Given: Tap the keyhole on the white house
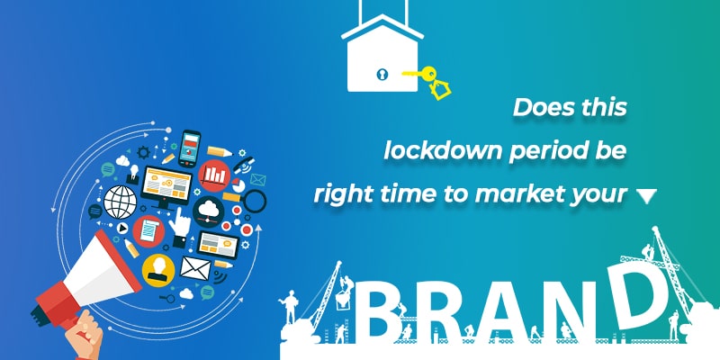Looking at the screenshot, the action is (382, 74).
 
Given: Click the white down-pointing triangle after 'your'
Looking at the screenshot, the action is (646, 196).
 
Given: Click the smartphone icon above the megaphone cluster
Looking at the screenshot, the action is (189, 148).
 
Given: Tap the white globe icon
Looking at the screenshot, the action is (120, 202).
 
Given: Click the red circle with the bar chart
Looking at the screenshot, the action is (214, 175).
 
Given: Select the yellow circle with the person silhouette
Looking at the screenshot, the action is (158, 271).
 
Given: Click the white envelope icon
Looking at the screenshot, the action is (195, 267).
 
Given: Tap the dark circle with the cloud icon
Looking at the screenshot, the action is (209, 211).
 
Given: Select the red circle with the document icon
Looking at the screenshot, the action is (148, 231).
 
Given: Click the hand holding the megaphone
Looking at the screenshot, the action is (85, 335).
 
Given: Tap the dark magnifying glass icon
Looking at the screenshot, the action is (253, 202).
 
